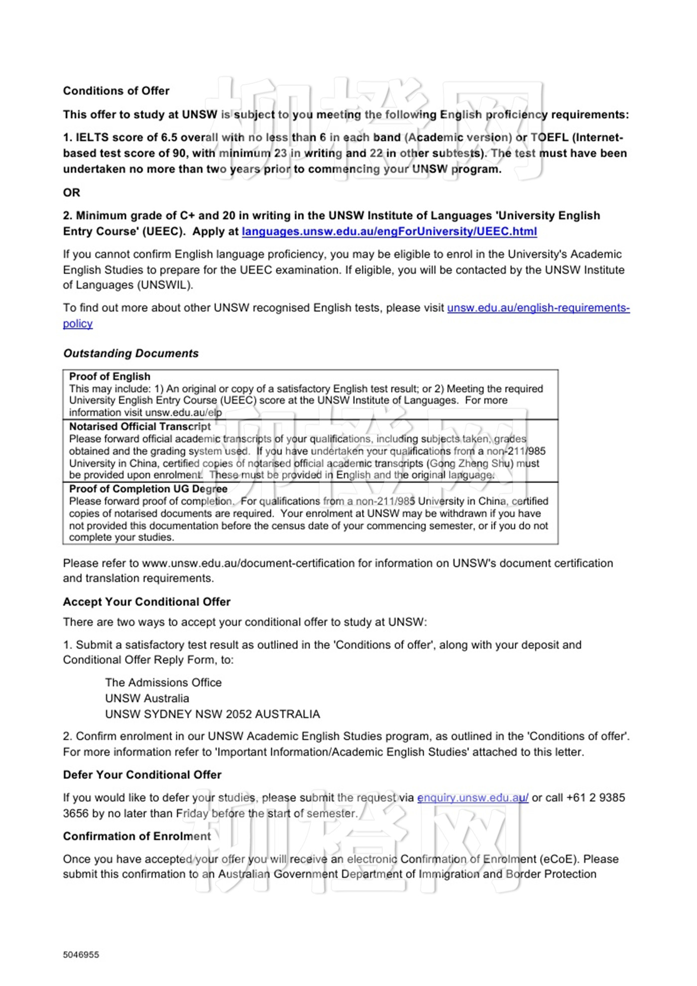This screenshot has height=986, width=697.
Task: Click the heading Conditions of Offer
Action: (x=116, y=91)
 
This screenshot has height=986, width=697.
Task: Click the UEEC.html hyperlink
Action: (x=389, y=232)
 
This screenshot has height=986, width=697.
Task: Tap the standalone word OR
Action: (x=71, y=192)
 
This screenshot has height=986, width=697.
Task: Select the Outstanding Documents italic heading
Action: (x=130, y=353)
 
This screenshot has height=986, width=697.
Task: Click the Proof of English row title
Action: (x=110, y=376)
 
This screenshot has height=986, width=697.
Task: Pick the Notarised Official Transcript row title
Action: (x=140, y=427)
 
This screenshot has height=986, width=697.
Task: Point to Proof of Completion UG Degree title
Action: (x=148, y=489)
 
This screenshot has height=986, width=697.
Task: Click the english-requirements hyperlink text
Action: (x=538, y=308)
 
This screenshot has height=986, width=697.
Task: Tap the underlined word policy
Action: (x=78, y=324)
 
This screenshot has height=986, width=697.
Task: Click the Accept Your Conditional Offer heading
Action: (x=146, y=602)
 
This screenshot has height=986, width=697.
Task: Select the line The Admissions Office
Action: (x=163, y=682)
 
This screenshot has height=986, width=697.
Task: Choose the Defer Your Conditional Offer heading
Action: (x=142, y=775)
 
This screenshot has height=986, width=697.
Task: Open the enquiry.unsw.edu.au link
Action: (x=472, y=798)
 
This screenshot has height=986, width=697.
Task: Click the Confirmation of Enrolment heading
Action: (x=137, y=836)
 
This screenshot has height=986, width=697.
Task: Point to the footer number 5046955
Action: (x=81, y=955)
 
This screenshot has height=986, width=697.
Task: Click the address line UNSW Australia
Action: (x=147, y=698)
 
